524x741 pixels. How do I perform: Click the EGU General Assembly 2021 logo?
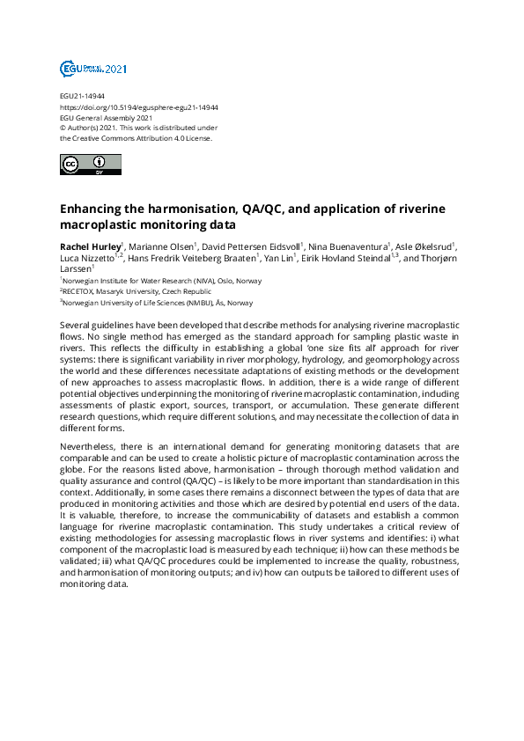pos(93,69)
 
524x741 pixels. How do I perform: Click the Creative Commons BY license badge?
pos(89,165)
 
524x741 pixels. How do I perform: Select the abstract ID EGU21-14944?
pos(82,96)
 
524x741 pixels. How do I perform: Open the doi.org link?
pos(138,106)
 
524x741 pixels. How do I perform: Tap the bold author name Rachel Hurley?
pos(90,245)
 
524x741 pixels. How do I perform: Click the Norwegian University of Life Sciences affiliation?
pos(158,303)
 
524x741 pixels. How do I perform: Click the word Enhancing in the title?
pos(94,209)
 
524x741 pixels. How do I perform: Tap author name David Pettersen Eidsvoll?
pos(252,245)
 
